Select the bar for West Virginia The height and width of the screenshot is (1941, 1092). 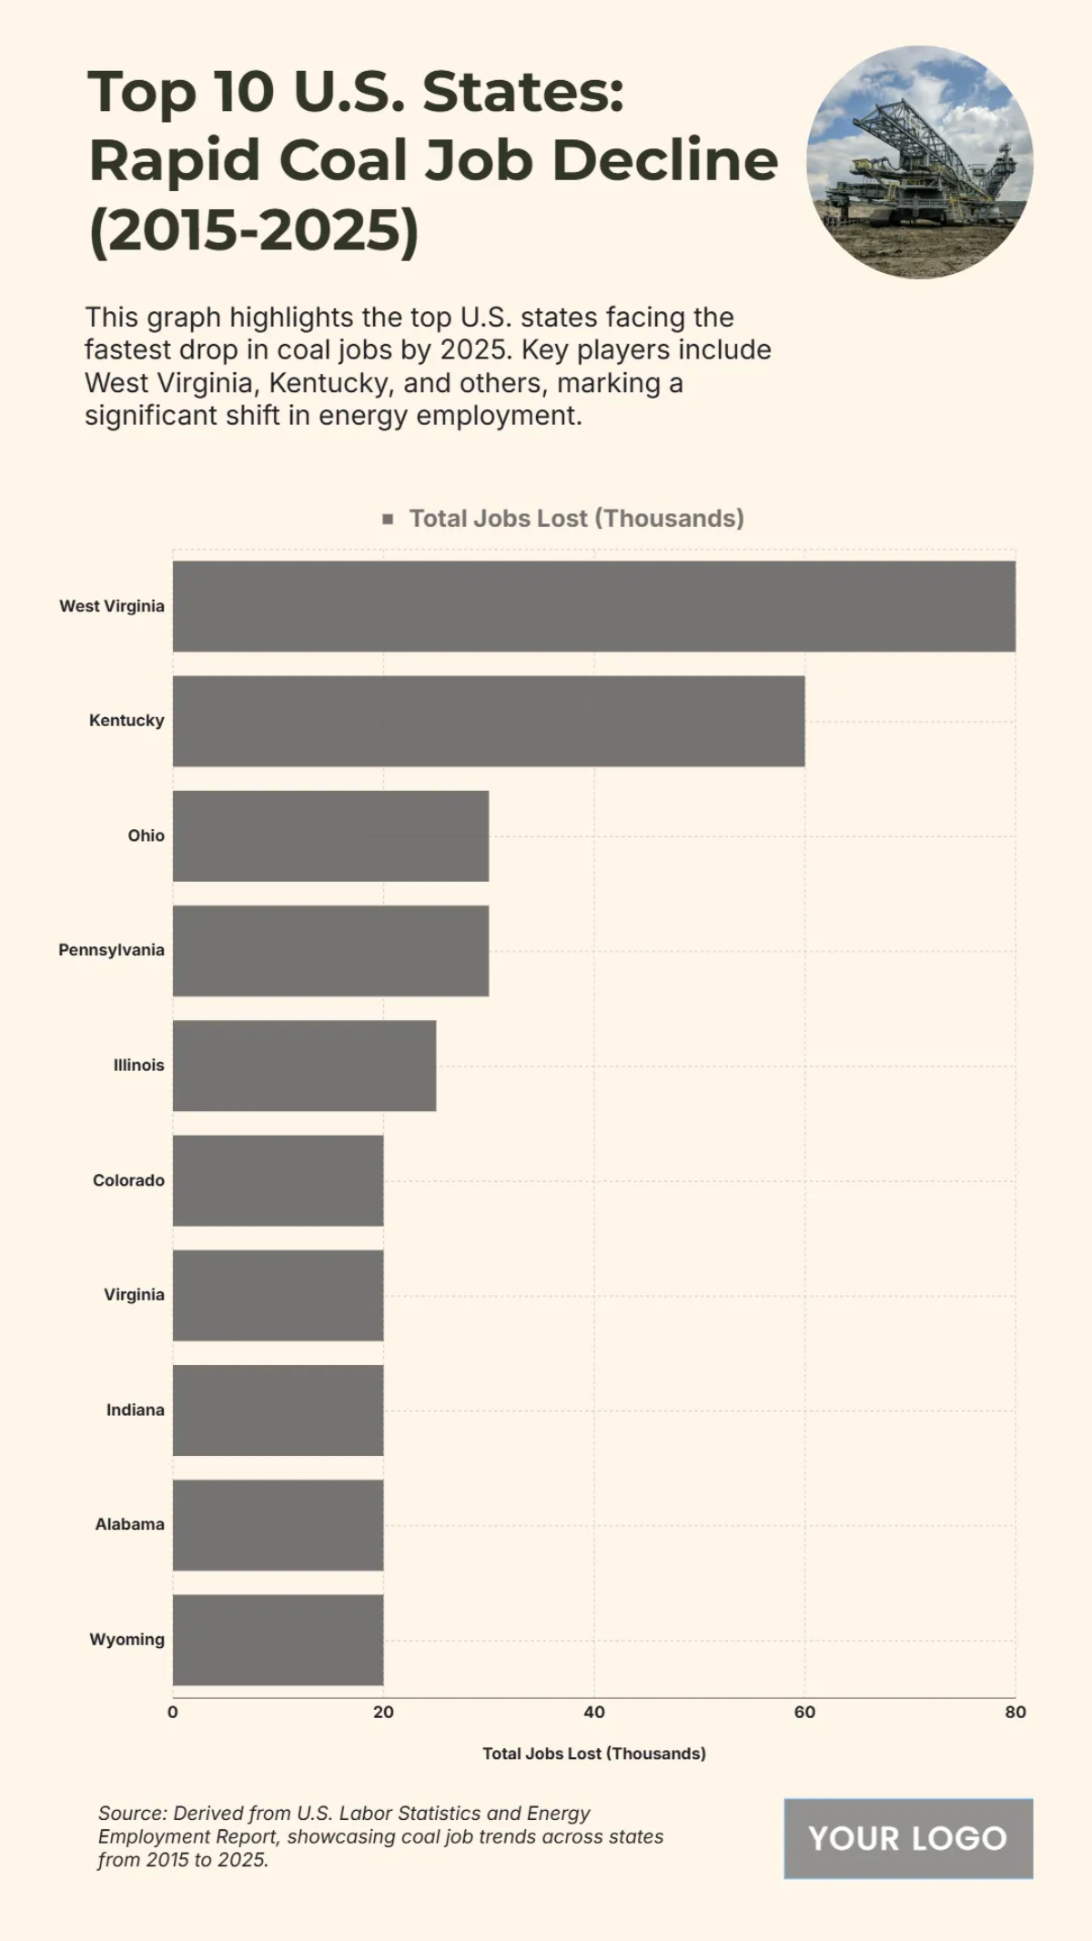[593, 606]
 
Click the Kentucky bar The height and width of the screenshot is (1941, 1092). [489, 721]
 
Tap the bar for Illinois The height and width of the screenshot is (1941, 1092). [304, 1066]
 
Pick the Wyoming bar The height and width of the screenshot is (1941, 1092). [278, 1640]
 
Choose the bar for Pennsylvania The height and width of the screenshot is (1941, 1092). [330, 951]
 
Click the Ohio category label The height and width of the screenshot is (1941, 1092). [146, 835]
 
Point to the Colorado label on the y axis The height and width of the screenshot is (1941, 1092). [128, 1180]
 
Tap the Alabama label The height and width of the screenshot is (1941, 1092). [129, 1524]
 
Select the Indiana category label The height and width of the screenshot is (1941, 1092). [135, 1410]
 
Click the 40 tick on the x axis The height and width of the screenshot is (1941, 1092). [594, 1712]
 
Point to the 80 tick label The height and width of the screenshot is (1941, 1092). [1015, 1712]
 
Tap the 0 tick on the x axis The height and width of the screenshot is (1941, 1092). [173, 1712]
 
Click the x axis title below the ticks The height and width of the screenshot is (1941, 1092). [593, 1754]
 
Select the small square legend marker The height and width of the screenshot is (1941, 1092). [388, 519]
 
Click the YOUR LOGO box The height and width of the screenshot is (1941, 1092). [907, 1838]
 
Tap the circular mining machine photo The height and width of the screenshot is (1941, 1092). [919, 162]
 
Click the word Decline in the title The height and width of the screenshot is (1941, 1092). [664, 160]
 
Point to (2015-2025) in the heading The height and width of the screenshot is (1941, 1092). [254, 229]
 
